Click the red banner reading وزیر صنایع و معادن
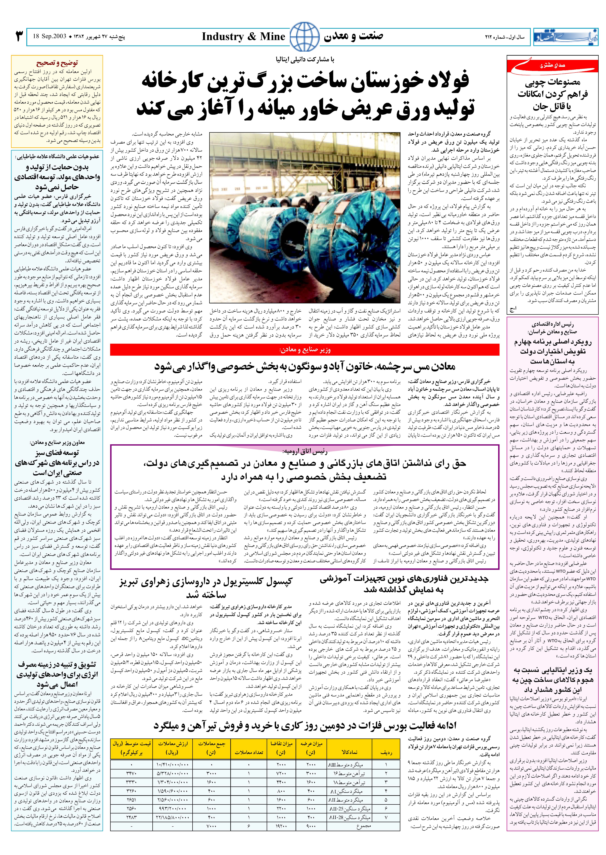pyautogui.click(x=304, y=350)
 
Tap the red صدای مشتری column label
pyautogui.click(x=552, y=66)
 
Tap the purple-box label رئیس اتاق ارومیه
pyautogui.click(x=304, y=451)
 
